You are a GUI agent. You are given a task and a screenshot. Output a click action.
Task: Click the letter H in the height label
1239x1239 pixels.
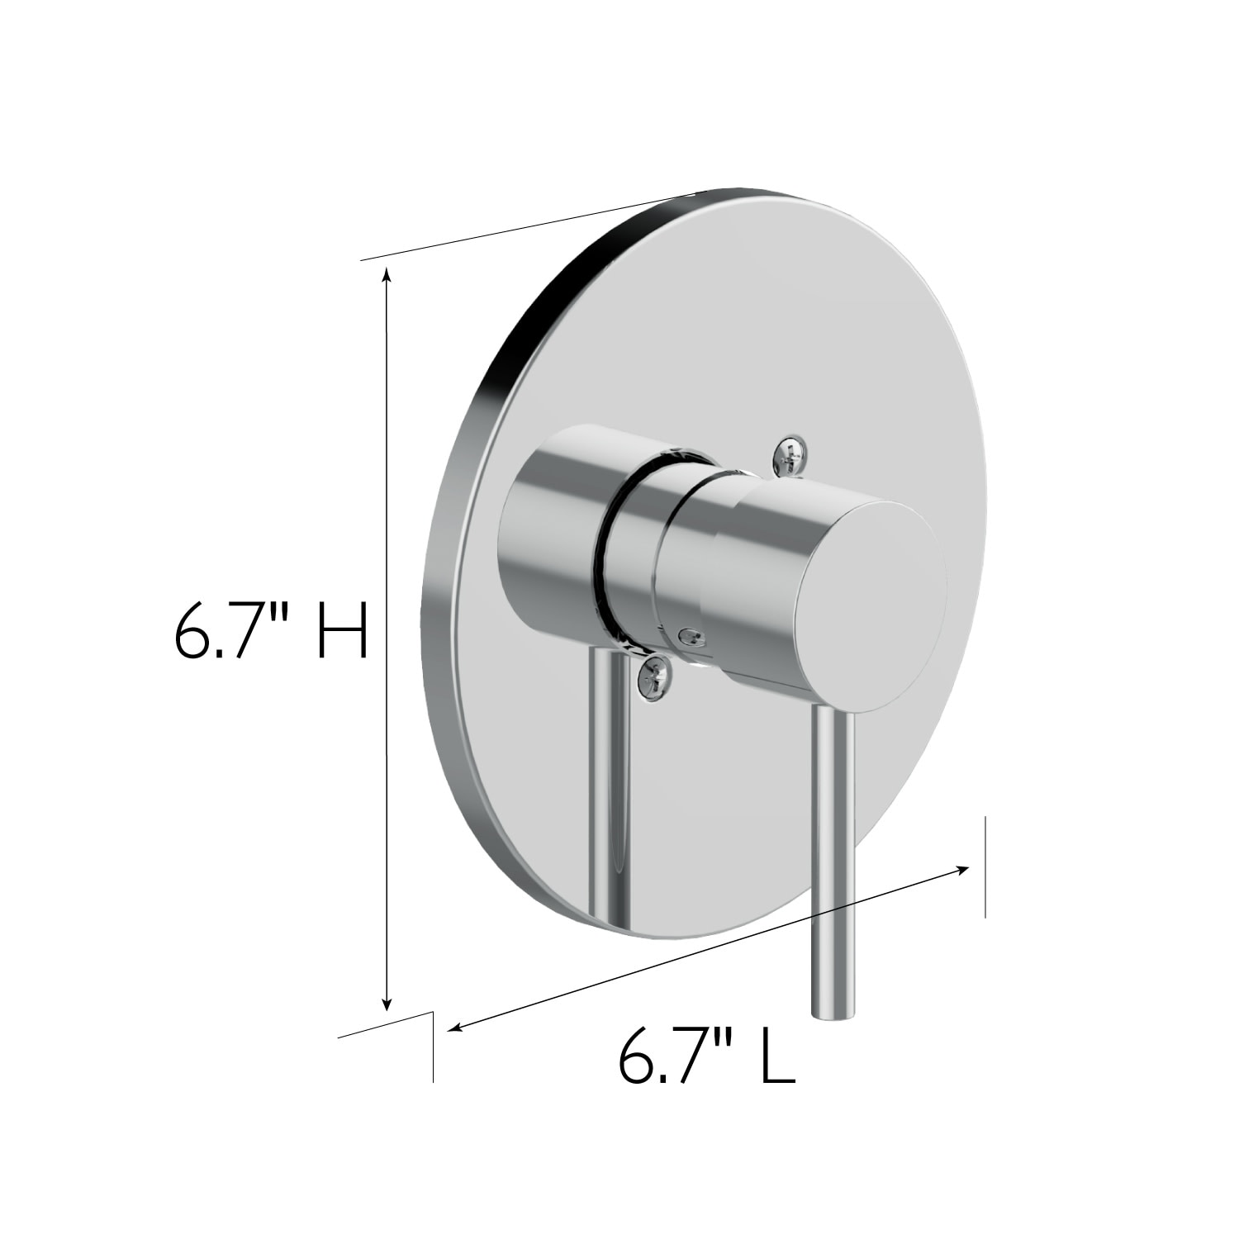point(342,629)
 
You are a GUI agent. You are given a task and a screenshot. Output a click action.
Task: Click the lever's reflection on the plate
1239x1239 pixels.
point(611,785)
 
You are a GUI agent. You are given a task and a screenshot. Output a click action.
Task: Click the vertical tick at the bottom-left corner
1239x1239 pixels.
point(432,1046)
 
